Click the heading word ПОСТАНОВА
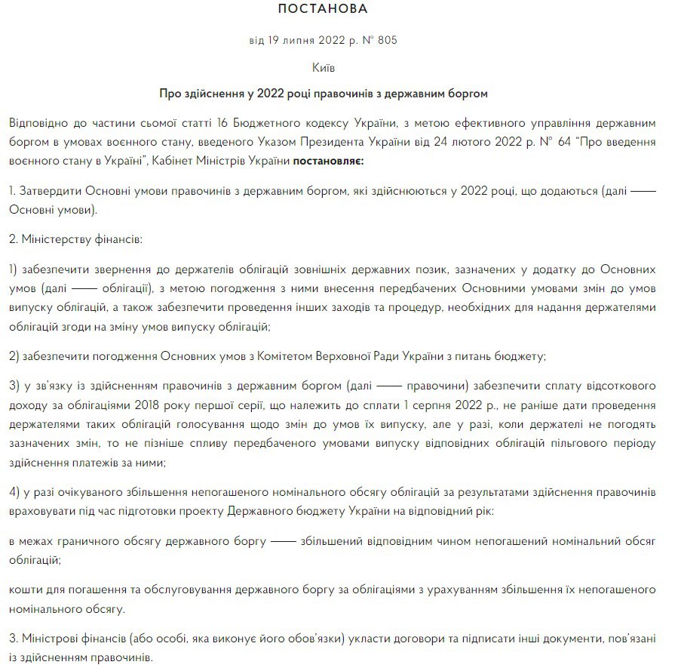point(323,10)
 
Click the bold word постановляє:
point(328,161)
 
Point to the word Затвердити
point(49,192)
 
